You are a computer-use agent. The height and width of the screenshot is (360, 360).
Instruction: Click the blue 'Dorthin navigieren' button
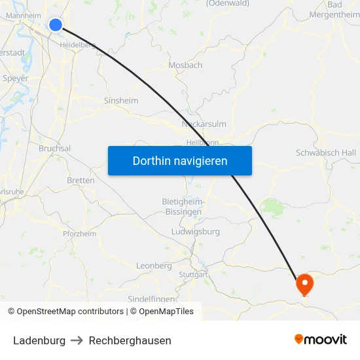[179, 160]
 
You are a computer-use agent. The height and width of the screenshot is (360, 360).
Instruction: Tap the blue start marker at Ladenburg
[56, 25]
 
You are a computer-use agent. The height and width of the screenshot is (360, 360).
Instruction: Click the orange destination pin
[304, 283]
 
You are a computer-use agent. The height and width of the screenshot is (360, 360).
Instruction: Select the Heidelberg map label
[77, 45]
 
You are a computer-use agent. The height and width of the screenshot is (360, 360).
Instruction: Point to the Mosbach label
[185, 65]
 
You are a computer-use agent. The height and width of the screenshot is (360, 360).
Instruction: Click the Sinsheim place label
[121, 101]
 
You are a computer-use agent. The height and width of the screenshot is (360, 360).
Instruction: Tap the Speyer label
[16, 79]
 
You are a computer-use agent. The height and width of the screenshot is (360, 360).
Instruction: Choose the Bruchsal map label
[54, 149]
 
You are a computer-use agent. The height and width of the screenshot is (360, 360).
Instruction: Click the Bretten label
[81, 181]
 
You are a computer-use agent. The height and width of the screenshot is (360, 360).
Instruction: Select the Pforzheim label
[79, 234]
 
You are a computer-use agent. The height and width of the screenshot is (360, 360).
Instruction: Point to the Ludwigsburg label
[195, 232]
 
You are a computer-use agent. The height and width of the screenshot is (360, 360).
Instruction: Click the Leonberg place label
[153, 266]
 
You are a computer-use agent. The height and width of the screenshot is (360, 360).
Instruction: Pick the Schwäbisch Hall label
[326, 153]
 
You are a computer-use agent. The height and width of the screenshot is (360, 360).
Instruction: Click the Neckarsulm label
[204, 123]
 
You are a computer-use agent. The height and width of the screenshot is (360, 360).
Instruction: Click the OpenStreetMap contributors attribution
[70, 312]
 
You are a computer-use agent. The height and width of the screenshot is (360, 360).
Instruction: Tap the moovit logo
[321, 340]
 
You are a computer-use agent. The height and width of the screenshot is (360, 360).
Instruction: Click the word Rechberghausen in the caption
[130, 340]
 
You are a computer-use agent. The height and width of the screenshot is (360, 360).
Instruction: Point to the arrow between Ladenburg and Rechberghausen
[77, 340]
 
